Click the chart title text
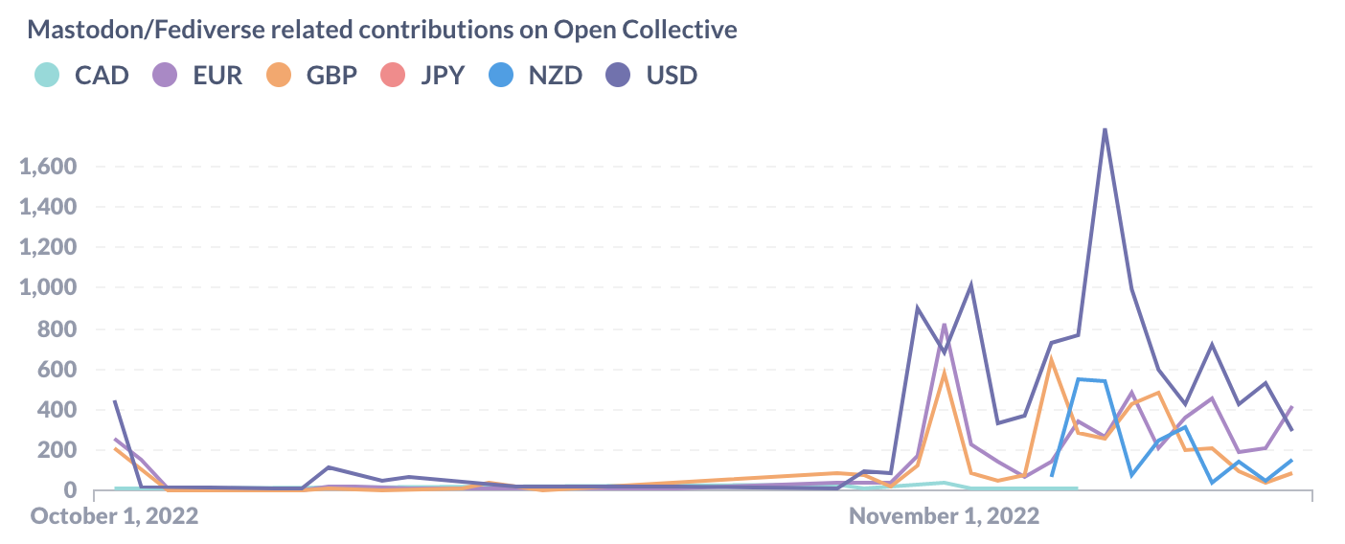click(382, 30)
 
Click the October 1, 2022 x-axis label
click(115, 515)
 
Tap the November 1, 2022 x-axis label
click(944, 515)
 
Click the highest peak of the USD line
click(1105, 128)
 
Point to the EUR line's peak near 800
click(945, 324)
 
